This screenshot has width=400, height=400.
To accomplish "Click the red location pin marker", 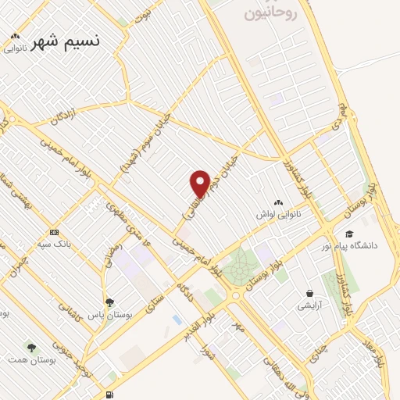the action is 200,183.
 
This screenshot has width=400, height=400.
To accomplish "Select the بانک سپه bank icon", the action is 54,232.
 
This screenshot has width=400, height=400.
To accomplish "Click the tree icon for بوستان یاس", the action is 110,303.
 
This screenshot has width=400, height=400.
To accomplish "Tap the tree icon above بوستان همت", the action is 32,347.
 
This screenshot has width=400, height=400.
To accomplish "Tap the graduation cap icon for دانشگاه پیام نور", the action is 348,233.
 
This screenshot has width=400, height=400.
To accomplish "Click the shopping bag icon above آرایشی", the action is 310,294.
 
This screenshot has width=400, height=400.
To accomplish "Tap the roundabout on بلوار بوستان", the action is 234,295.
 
